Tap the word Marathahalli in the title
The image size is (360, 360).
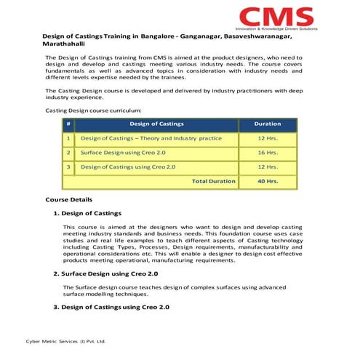coord(64,45)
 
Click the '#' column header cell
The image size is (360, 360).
coord(68,124)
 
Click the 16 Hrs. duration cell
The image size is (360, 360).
coord(268,153)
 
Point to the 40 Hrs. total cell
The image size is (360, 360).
coord(268,181)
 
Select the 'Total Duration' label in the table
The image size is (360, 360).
coord(213,181)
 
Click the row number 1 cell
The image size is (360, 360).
coord(68,138)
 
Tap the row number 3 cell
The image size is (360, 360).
coord(68,167)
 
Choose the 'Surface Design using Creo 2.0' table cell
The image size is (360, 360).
coord(123,153)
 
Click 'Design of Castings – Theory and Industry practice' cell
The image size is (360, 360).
coord(151,138)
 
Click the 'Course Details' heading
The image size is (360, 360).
coord(68,199)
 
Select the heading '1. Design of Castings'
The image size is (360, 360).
coord(87,214)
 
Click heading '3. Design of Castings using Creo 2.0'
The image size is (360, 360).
coord(111,308)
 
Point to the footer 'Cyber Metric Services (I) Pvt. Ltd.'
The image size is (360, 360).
coord(66,340)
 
